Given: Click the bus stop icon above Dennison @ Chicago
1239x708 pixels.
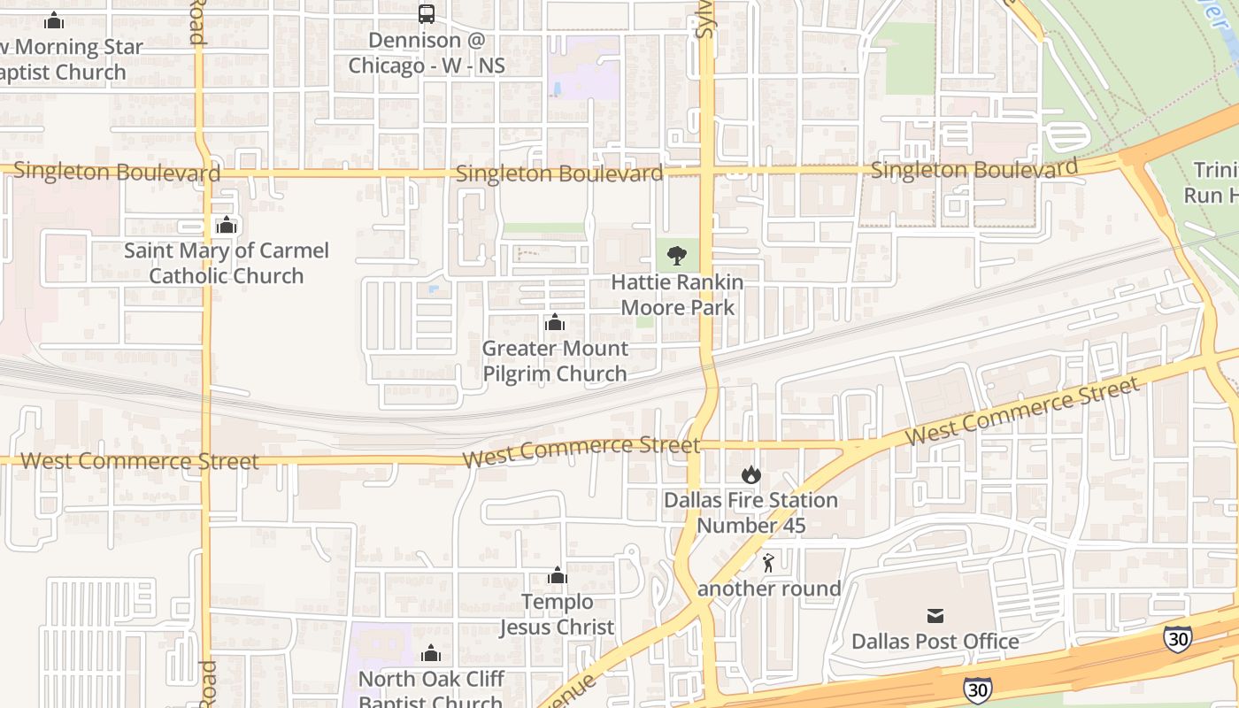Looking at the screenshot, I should [427, 14].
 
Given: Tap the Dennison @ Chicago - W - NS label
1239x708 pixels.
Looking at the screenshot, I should [427, 53].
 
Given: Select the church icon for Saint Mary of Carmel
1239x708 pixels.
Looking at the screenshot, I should [227, 225].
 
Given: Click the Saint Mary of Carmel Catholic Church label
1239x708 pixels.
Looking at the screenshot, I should [227, 263].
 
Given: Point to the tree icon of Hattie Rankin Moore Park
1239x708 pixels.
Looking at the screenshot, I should [677, 257].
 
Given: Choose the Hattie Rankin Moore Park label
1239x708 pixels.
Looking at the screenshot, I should [677, 295].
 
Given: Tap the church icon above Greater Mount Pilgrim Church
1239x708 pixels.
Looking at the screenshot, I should [555, 323].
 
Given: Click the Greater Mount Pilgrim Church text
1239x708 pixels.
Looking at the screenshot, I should [555, 361].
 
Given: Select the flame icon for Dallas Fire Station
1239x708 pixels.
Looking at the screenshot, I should [751, 474].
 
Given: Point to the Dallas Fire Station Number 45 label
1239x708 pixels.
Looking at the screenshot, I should [751, 512].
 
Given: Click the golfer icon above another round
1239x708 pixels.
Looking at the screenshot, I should [768, 563].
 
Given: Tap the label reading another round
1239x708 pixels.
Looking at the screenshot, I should [769, 589].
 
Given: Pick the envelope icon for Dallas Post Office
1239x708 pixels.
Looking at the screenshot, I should [935, 616].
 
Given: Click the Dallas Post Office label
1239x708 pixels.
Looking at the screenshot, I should [935, 641].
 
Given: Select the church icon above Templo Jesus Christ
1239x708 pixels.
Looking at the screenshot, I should [557, 576].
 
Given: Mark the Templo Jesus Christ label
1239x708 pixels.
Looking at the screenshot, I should [557, 614].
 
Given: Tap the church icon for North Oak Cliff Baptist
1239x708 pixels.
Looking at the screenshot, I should [431, 654].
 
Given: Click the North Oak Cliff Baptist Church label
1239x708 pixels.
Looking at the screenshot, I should [431, 691].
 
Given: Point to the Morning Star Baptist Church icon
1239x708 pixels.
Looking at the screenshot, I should [54, 20].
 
